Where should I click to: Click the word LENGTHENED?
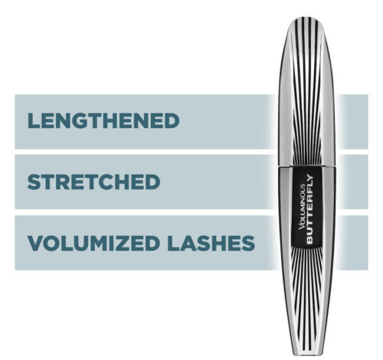[103, 121]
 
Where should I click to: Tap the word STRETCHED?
[93, 182]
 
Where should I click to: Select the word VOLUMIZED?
[93, 243]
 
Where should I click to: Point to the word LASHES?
[211, 243]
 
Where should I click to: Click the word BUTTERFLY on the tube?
[309, 209]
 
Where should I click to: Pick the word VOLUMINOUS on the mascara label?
[302, 207]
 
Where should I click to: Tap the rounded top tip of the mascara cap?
[306, 18]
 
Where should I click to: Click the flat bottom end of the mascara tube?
[306, 354]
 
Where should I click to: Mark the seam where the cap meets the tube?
[306, 167]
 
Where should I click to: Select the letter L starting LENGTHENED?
[34, 121]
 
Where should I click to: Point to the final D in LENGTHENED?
[172, 121]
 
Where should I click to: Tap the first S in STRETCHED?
[34, 182]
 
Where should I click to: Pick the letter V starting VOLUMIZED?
[35, 243]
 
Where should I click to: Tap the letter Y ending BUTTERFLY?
[309, 178]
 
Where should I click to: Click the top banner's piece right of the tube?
[352, 122]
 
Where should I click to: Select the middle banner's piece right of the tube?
[352, 182]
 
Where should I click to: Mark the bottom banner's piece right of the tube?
[352, 243]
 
